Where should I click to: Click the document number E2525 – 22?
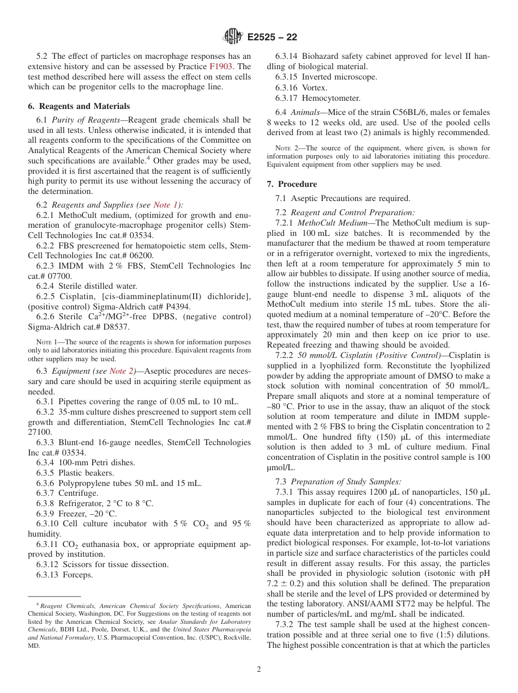click(x=272, y=38)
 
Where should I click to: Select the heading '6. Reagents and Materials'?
click(x=79, y=106)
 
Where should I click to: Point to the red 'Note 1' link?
click(x=166, y=205)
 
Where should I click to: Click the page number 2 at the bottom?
click(x=259, y=670)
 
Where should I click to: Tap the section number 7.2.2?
click(x=286, y=355)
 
